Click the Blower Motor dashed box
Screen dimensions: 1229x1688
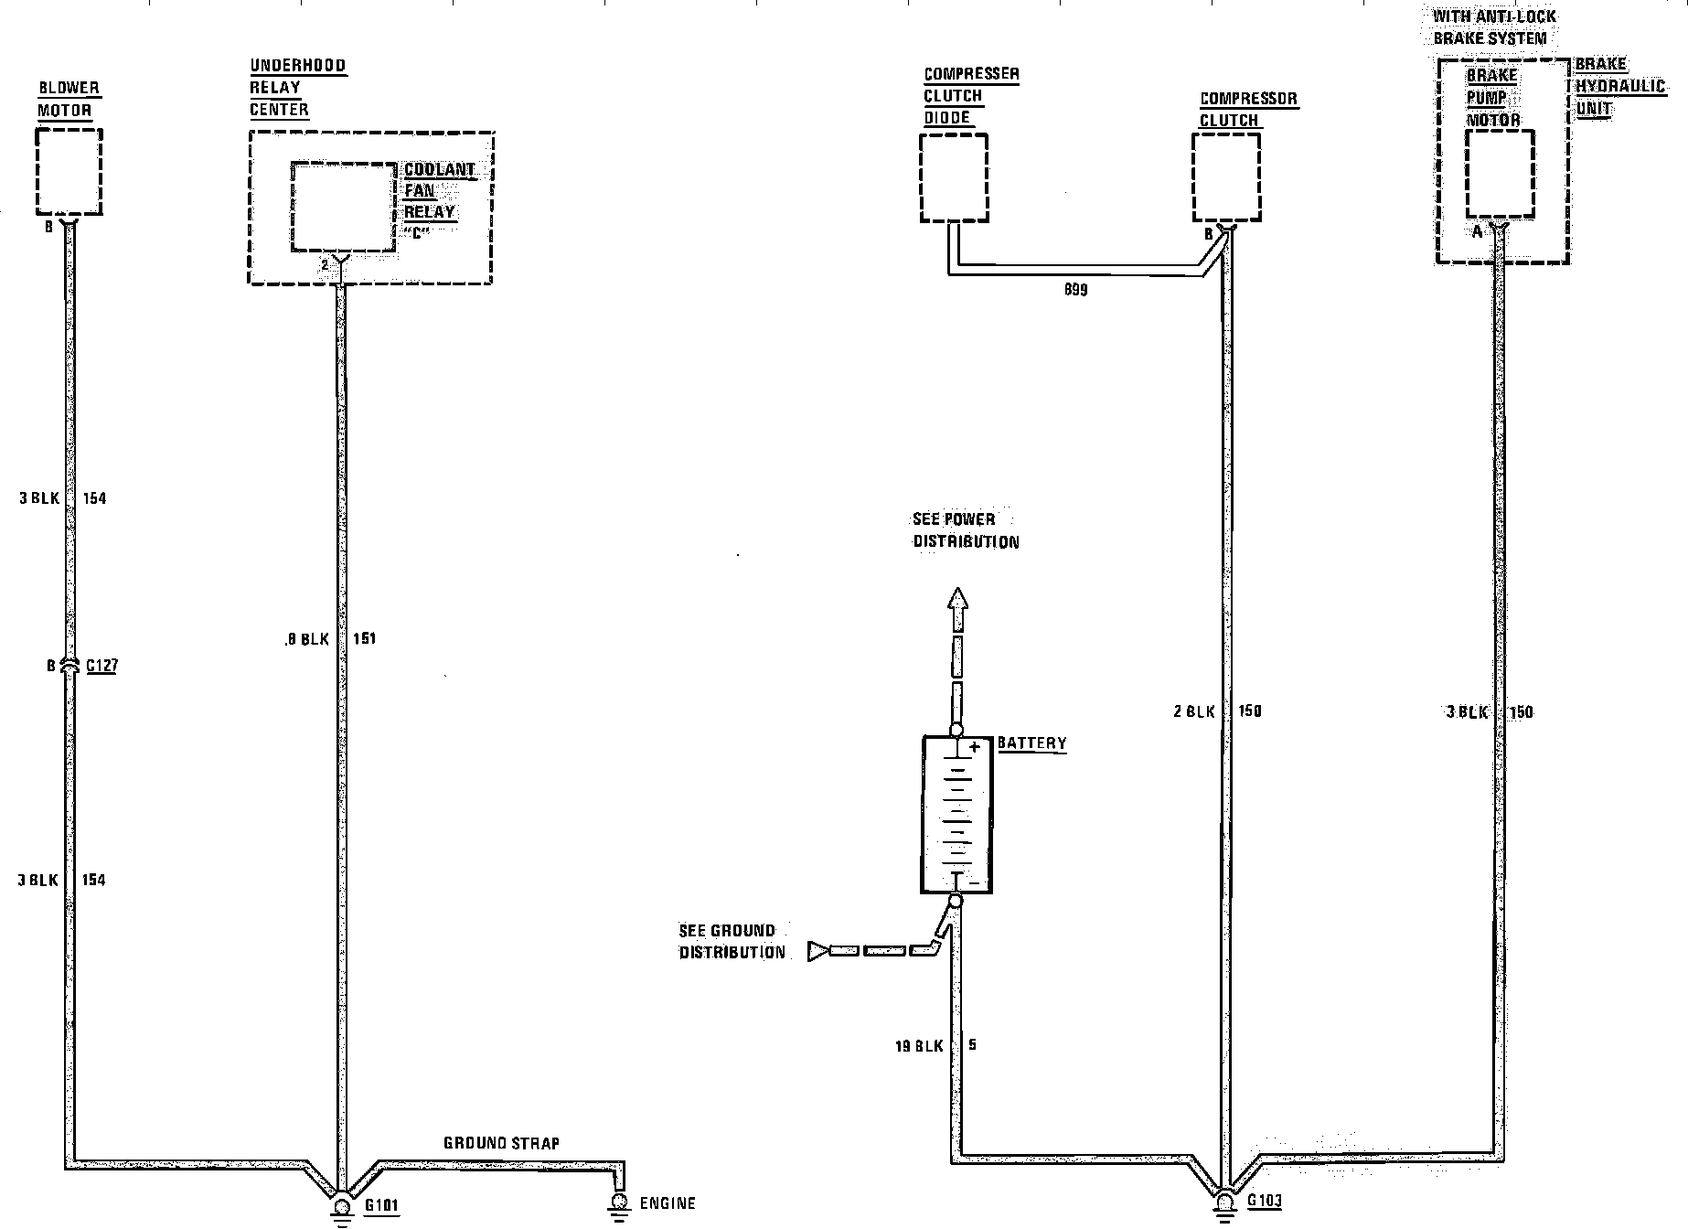tap(69, 171)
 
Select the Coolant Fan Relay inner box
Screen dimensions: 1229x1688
tap(342, 206)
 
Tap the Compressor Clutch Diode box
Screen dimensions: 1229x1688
tap(954, 177)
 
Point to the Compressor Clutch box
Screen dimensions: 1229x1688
tap(1226, 177)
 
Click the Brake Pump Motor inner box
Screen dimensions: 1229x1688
tap(1501, 174)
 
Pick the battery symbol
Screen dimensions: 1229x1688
tap(956, 814)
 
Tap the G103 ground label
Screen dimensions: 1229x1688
tap(1265, 1201)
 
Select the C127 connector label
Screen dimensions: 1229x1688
tap(101, 666)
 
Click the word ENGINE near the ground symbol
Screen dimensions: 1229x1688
tap(668, 1203)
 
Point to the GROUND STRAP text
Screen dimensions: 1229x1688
tap(501, 1143)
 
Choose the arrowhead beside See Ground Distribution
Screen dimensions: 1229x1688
tap(817, 952)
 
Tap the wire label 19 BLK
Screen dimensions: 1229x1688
tap(919, 1045)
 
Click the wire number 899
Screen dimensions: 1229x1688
tap(1075, 290)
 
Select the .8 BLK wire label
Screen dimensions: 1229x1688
tap(306, 639)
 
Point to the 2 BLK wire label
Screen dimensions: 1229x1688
tap(1194, 711)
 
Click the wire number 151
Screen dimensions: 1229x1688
tap(364, 638)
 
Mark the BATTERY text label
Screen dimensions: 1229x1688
tap(1031, 743)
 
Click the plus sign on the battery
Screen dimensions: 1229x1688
tap(975, 747)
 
